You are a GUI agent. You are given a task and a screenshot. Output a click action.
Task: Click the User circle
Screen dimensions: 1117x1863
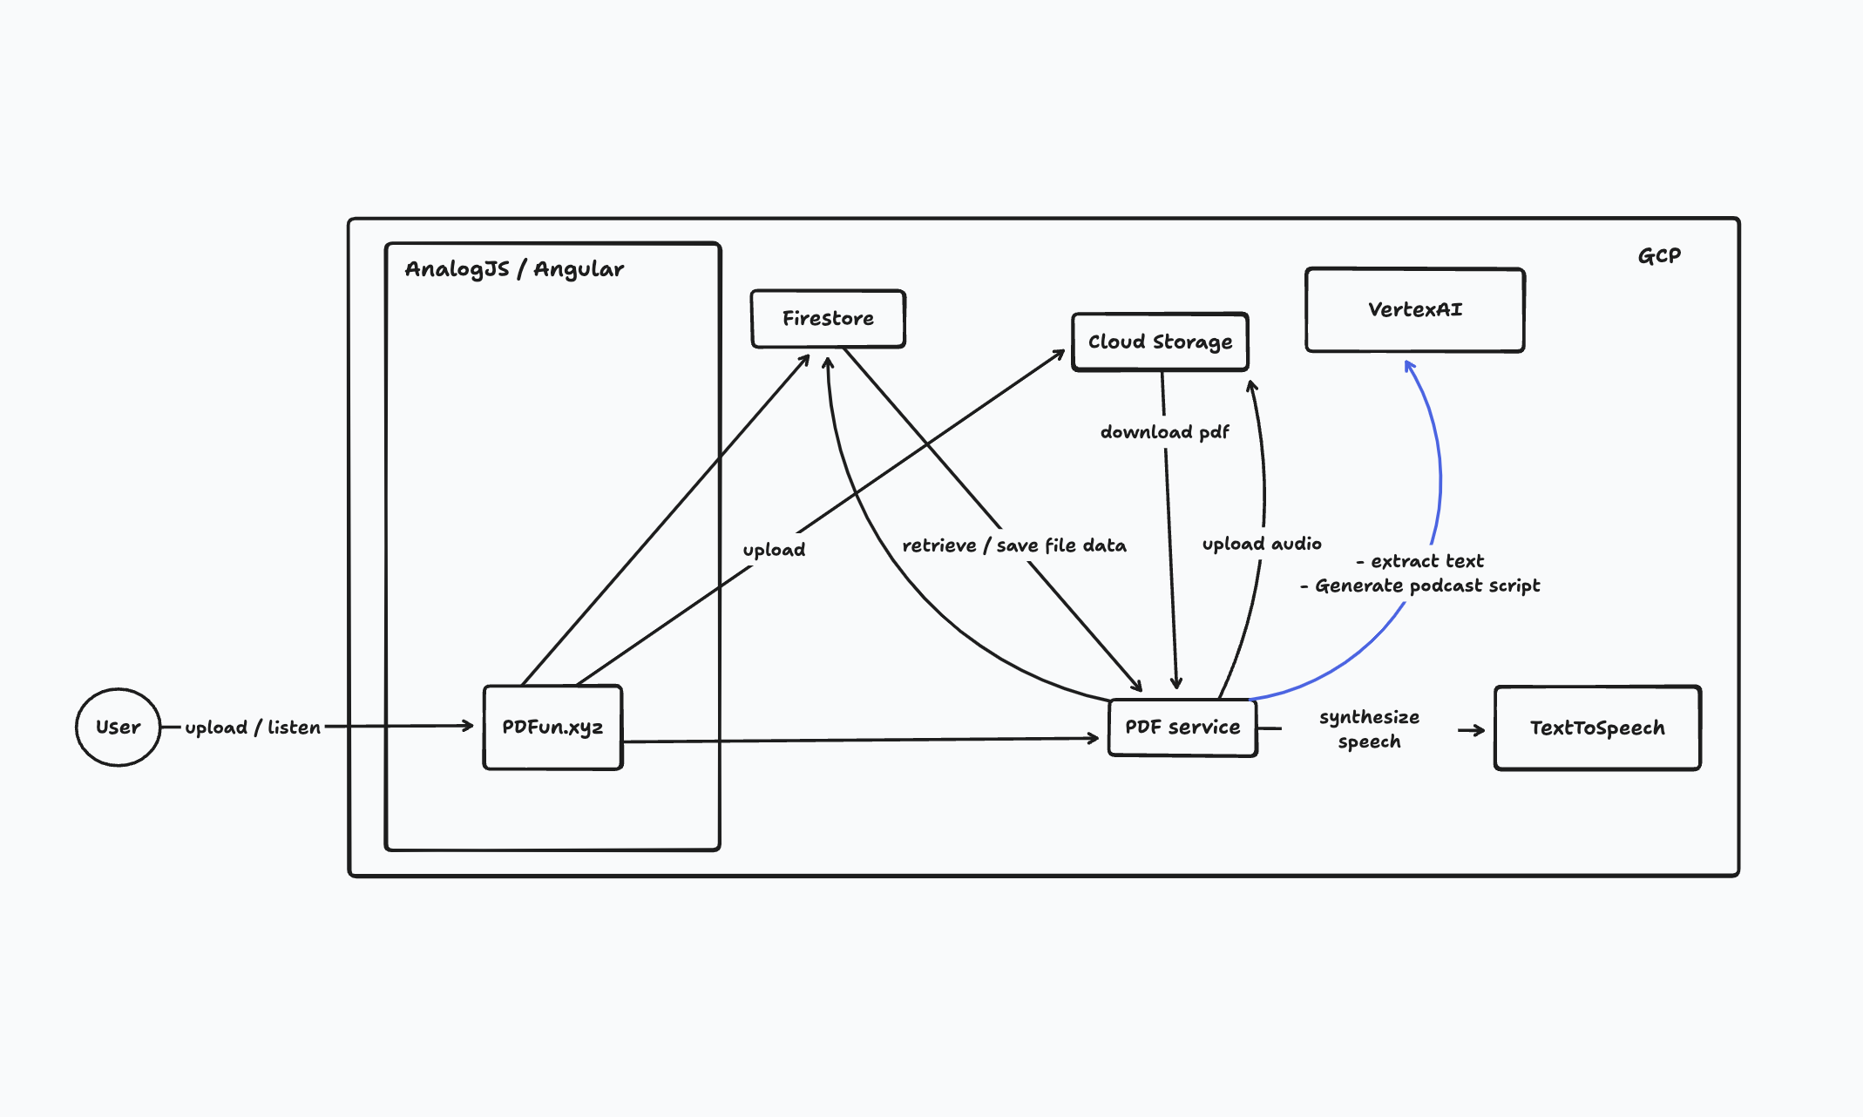click(x=119, y=727)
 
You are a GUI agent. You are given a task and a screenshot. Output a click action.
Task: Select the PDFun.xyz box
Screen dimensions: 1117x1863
click(x=552, y=727)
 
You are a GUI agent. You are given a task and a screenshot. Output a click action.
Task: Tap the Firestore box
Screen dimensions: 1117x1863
click(x=828, y=319)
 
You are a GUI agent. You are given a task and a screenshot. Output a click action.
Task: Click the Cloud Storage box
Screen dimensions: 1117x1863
click(x=1160, y=342)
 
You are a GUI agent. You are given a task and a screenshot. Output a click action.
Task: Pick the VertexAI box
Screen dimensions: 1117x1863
click(x=1414, y=309)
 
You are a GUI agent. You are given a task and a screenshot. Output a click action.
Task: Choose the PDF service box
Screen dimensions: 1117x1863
click(x=1182, y=728)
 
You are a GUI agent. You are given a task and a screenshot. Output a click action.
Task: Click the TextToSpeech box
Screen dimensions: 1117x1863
click(x=1597, y=728)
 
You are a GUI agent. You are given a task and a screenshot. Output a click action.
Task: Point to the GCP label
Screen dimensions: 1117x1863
click(x=1659, y=256)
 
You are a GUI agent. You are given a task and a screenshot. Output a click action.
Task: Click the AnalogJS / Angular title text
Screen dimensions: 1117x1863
click(x=514, y=269)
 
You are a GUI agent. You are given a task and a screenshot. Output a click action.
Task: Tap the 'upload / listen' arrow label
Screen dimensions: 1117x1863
click(x=253, y=728)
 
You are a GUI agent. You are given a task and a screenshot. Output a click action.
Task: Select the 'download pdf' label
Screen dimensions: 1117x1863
click(x=1164, y=432)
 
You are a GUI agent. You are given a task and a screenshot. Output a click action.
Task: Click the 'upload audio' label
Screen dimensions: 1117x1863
click(x=1262, y=544)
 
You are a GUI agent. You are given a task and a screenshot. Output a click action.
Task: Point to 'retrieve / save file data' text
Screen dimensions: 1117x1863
click(x=1014, y=545)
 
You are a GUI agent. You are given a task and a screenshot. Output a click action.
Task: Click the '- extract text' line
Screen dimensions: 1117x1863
click(x=1420, y=561)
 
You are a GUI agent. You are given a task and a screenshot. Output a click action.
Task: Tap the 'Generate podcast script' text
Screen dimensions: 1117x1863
click(x=1426, y=586)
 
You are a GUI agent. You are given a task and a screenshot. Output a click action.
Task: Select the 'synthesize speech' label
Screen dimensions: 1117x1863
click(x=1369, y=729)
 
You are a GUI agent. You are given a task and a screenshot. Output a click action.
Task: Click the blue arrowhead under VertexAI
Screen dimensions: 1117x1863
click(x=1409, y=366)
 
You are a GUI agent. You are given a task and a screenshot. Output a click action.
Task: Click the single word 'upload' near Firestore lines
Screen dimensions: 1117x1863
click(x=774, y=550)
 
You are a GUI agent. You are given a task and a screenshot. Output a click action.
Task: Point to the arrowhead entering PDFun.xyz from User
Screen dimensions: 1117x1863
click(x=468, y=725)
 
